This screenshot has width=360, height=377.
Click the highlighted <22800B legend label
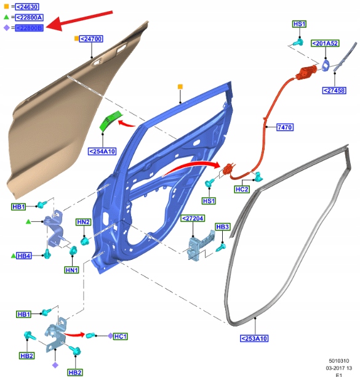(29, 28)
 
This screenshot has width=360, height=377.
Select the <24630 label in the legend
(27, 7)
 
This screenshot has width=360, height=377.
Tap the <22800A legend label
(29, 17)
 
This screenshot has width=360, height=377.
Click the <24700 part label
(91, 39)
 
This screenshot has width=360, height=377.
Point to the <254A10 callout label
(102, 152)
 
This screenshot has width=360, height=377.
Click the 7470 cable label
(285, 127)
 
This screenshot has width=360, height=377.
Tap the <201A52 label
(325, 43)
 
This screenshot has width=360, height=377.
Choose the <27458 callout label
(334, 91)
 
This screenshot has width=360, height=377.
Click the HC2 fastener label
(242, 189)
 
